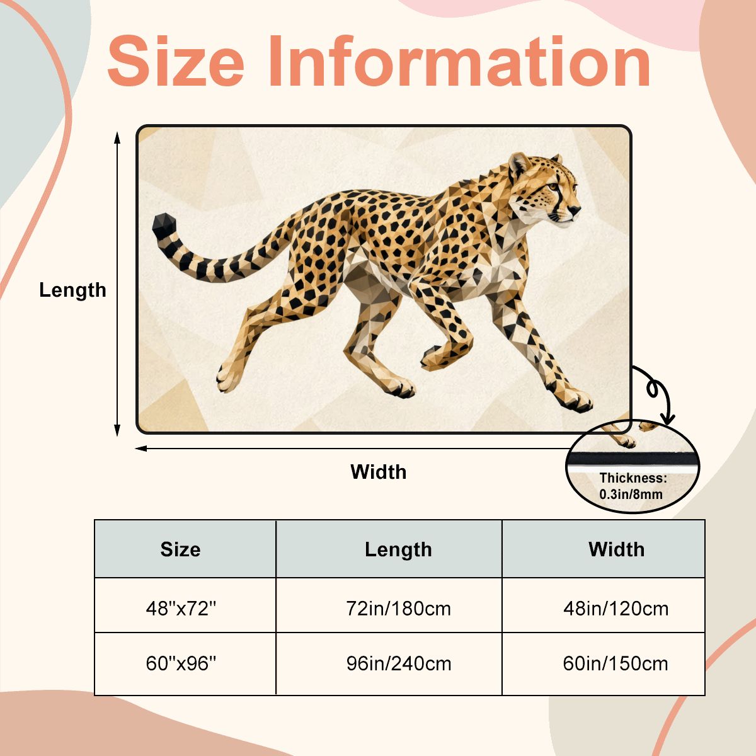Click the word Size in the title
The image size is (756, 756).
(176, 61)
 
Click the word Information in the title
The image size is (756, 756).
(459, 61)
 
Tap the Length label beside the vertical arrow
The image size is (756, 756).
(72, 290)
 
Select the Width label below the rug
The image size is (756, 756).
(378, 472)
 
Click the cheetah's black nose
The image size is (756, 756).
(575, 210)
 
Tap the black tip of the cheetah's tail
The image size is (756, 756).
(164, 226)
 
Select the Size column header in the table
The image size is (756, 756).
(180, 549)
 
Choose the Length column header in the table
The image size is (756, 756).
(398, 549)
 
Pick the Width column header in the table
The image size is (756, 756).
(616, 549)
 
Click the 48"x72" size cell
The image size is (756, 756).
(181, 609)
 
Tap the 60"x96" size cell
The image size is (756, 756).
(181, 663)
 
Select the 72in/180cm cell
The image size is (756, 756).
(398, 609)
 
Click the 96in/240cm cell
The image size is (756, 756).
(399, 663)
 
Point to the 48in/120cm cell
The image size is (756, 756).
(616, 609)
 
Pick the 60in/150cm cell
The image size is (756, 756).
(616, 663)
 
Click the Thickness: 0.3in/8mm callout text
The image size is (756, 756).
(633, 486)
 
